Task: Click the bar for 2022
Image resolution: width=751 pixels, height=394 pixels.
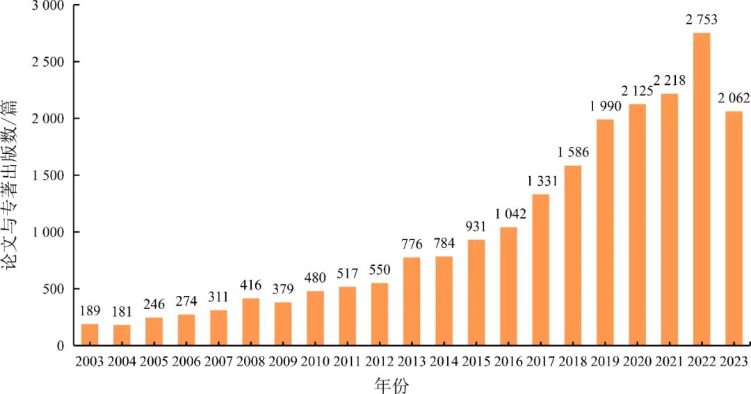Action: pos(702,189)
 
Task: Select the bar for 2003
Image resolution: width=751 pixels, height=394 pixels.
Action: pos(90,335)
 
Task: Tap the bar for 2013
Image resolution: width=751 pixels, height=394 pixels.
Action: pos(412,301)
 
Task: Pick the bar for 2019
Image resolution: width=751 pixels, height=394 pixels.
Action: pos(605,232)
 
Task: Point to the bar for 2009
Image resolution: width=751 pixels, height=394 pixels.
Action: pos(283,324)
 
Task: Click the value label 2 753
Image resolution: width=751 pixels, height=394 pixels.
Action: pos(702,19)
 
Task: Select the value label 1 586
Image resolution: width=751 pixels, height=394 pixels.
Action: pos(573,152)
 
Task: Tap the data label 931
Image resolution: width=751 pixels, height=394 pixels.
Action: pos(476,226)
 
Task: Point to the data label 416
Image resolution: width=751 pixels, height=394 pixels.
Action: pos(251,285)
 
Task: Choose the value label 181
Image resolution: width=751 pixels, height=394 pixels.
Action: pos(122,312)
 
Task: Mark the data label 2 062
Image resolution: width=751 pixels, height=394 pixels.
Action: pos(734,98)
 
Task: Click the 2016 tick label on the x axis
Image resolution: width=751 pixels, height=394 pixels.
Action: pos(508,361)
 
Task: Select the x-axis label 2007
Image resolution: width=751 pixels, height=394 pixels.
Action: pos(218,361)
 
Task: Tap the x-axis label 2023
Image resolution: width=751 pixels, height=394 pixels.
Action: pos(734,361)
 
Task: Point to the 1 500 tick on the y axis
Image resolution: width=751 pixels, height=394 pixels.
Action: pos(49,175)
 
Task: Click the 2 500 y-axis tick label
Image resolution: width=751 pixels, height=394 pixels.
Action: pos(49,63)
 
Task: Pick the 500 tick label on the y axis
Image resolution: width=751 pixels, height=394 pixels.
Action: pos(54,289)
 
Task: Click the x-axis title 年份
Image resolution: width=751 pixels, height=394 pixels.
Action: pos(391,384)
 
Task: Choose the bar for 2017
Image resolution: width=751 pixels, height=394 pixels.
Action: pos(541,269)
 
